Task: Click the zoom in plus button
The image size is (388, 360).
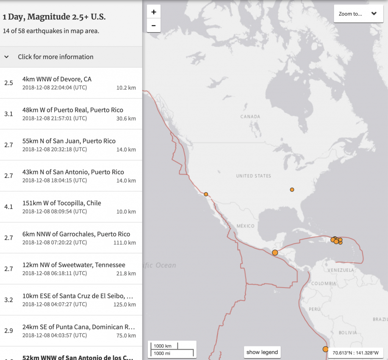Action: (x=153, y=12)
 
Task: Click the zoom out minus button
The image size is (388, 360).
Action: (x=153, y=26)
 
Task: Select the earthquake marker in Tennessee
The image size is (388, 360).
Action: (x=292, y=189)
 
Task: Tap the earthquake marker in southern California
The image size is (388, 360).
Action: (x=206, y=194)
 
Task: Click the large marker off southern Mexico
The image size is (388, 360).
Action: (x=275, y=252)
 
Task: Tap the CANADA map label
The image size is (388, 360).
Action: (x=250, y=117)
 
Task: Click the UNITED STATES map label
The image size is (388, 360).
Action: (x=253, y=176)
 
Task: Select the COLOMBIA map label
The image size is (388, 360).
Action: (x=323, y=284)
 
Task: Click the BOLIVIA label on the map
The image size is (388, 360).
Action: (x=348, y=333)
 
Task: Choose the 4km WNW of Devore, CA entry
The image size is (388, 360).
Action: (x=57, y=79)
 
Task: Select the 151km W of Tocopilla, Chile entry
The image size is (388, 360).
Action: (x=62, y=203)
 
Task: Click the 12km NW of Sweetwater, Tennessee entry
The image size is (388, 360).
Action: (x=74, y=265)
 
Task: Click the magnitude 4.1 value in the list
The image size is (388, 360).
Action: (x=8, y=207)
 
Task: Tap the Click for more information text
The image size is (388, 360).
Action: (x=56, y=57)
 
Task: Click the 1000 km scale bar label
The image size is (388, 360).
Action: (x=163, y=346)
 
